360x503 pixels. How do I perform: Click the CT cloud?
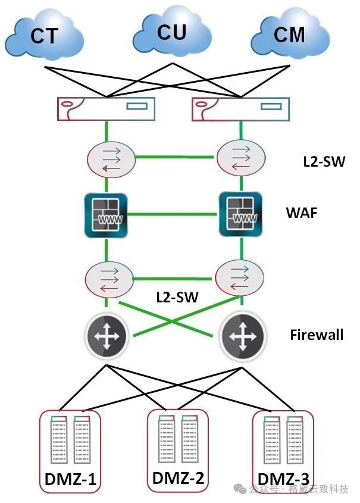[x=45, y=36]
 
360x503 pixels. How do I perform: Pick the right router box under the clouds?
[x=242, y=109]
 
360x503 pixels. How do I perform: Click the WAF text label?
[x=303, y=213]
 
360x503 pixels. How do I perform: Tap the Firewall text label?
[x=317, y=335]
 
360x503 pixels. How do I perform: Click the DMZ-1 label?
[x=71, y=479]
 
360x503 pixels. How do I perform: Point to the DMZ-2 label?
[x=179, y=477]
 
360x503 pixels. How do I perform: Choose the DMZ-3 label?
[x=283, y=479]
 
